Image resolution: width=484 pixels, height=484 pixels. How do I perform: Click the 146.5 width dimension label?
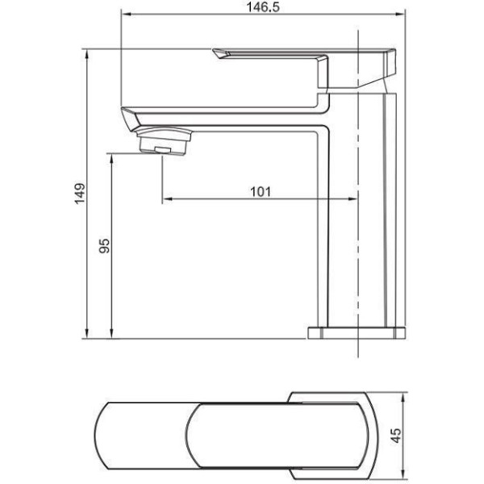coord(263,7)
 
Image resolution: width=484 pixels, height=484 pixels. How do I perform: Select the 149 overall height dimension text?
coord(80,194)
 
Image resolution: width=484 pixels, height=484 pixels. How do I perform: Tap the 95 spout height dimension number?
coord(104,246)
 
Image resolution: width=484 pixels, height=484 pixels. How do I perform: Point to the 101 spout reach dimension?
coord(261,192)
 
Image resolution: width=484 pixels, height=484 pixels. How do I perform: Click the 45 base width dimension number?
coord(396,436)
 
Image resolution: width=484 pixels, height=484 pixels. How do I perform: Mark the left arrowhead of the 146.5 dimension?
coord(127,14)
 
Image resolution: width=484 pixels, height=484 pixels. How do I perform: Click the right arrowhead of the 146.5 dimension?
coord(400,14)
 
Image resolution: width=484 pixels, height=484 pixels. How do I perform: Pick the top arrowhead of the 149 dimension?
coord(87,55)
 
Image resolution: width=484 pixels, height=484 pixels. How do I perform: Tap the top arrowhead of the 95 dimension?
coord(111,159)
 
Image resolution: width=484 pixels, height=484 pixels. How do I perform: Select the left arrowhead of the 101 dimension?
coord(167,199)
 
